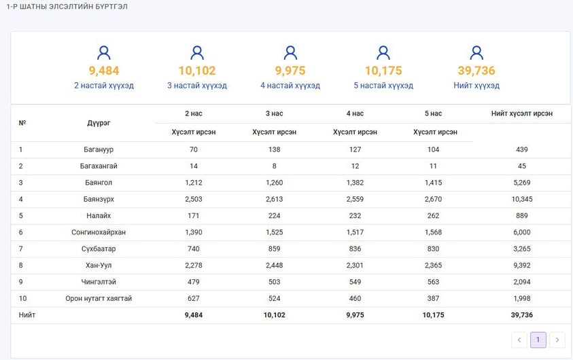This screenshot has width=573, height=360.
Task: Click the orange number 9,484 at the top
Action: coord(104,71)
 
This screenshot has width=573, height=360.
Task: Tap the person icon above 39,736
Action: coord(476,52)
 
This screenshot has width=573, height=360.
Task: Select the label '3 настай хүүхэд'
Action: coord(197,86)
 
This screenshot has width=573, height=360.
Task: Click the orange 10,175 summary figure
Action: coord(383,71)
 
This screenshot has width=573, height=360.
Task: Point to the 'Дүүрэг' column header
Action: coord(99,123)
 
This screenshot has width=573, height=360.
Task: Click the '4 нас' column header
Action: coord(355,113)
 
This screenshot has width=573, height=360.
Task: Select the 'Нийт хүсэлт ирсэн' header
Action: coord(522,113)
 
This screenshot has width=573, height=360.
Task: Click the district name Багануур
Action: coord(99,149)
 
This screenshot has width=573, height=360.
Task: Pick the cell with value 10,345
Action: coord(522,199)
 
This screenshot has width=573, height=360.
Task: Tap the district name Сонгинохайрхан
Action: coord(99,232)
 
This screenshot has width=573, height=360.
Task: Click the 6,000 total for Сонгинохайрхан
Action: coord(522,232)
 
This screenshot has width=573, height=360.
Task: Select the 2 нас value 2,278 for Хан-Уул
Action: coord(194,266)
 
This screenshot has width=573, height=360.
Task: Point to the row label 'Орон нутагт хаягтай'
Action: coord(99,298)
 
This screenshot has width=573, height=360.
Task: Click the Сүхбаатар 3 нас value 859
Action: coord(275,249)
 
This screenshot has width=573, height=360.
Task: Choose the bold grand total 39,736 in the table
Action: coord(522,314)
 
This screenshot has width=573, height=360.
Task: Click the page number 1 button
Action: coord(538,340)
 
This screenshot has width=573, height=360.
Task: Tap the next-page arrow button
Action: coord(557,340)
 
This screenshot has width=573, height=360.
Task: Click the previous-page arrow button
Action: coord(519,340)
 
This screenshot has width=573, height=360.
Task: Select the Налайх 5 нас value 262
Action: coord(434,216)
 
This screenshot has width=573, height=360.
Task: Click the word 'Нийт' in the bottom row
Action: coord(27,314)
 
